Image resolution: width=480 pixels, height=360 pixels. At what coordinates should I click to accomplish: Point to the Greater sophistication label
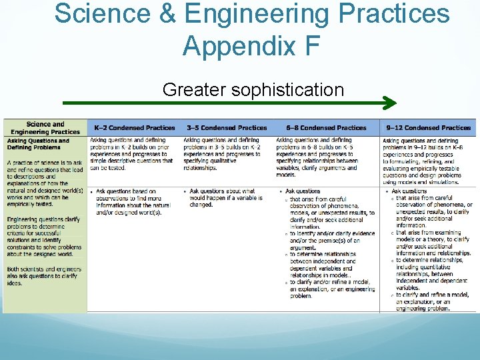pos(253,89)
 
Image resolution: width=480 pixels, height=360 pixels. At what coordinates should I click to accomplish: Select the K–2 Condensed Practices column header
pos(134,127)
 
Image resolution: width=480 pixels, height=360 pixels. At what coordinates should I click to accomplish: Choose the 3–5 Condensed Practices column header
pos(226,127)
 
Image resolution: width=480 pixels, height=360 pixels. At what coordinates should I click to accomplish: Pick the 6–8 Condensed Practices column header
pos(326,127)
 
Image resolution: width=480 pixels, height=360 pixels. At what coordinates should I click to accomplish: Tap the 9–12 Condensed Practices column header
pos(428,127)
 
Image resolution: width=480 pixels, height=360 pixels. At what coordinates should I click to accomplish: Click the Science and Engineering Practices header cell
pos(45,127)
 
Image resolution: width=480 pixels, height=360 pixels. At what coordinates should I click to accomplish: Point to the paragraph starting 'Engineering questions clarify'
pos(44,236)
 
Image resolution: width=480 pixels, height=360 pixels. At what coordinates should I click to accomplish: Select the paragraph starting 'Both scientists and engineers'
pos(44,276)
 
